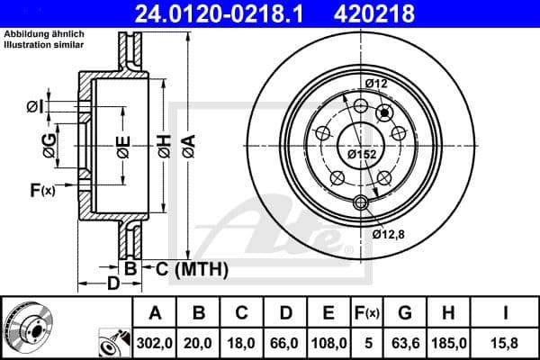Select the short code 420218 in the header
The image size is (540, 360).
tap(413, 14)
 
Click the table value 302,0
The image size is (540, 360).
tap(155, 343)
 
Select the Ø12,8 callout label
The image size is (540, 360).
tap(390, 234)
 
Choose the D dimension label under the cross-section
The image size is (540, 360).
tap(112, 285)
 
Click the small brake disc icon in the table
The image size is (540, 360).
tap(24, 328)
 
